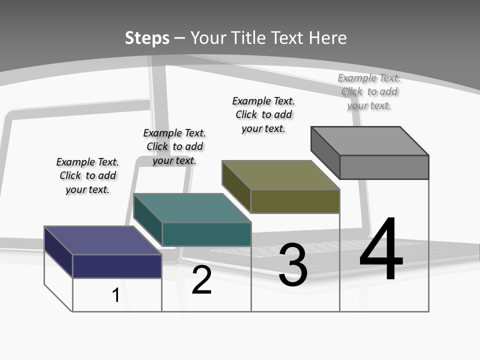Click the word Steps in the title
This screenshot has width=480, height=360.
(147, 38)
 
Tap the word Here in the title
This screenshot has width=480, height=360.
(327, 38)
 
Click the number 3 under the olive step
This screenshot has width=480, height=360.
(293, 265)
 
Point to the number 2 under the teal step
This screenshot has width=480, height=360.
(202, 280)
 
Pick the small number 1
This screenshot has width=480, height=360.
(116, 295)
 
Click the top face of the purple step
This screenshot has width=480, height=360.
(102, 240)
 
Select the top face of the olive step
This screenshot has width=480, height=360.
(281, 175)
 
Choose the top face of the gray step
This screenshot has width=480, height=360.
(370, 141)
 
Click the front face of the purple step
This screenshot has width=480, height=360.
(117, 266)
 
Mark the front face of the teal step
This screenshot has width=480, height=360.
(206, 234)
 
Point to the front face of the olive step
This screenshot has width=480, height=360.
(295, 201)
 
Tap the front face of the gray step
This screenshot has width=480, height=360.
(384, 167)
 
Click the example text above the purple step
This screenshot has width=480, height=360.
(87, 175)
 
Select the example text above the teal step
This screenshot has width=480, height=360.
(174, 146)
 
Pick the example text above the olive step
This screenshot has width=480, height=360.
(263, 114)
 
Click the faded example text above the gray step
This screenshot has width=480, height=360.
(369, 91)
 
